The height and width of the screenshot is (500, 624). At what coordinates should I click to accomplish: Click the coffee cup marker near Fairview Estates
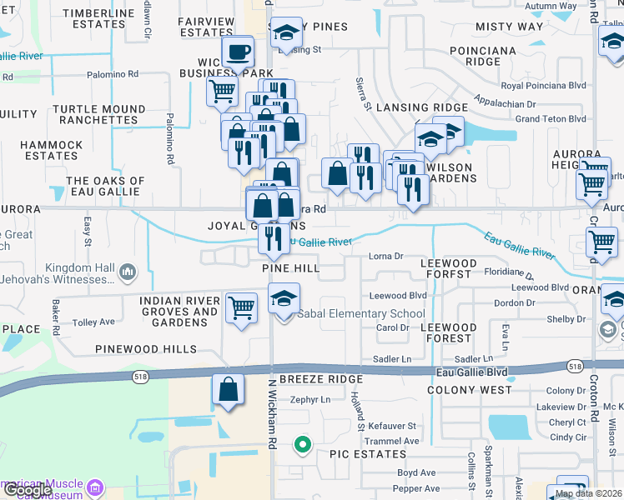tap(238, 52)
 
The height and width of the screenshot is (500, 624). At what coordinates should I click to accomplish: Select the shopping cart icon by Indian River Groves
tap(242, 307)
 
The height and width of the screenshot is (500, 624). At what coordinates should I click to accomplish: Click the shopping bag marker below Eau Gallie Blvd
tap(228, 389)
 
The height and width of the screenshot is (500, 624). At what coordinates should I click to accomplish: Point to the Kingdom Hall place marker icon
tap(128, 271)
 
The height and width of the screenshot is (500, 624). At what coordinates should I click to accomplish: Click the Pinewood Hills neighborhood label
tap(145, 349)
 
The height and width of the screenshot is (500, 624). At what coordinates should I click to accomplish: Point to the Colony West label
tap(469, 389)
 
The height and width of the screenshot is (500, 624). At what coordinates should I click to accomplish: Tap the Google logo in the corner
tap(27, 490)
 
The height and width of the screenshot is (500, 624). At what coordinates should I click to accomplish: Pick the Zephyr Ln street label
tap(310, 399)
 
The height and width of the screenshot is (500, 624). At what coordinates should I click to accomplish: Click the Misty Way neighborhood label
tap(509, 27)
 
